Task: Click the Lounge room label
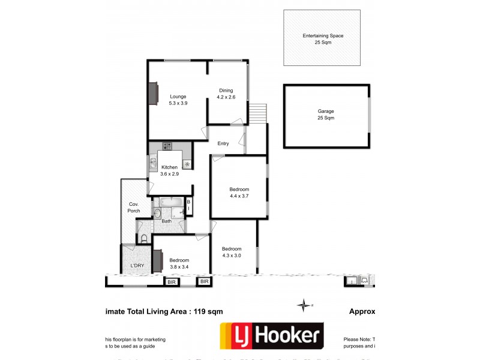(178, 97)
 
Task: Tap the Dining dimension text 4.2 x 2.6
(226, 97)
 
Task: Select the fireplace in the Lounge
(154, 94)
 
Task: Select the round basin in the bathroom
(157, 213)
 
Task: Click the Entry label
(223, 143)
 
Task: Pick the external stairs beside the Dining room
(257, 112)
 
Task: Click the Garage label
(326, 112)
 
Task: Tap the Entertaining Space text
(323, 36)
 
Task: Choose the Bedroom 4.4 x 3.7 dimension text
(239, 196)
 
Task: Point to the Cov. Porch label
(134, 208)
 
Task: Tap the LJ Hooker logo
(272, 337)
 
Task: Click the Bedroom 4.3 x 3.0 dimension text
(232, 256)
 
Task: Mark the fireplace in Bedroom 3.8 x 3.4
(157, 260)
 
